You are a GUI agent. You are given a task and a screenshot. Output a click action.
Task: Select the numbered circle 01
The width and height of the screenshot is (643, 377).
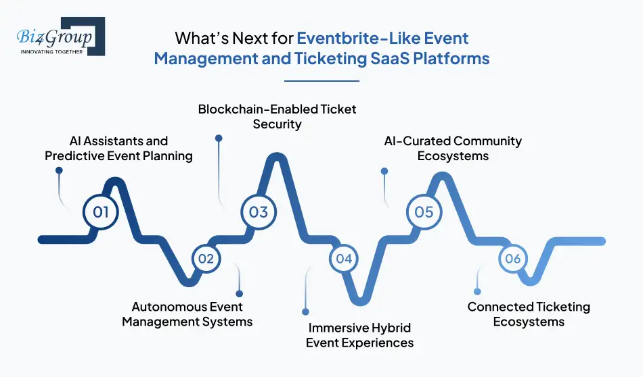[101, 212]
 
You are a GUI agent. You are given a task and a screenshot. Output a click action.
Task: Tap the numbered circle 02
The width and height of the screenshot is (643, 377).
[206, 259]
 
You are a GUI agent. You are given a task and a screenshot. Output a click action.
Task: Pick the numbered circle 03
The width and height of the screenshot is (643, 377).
[259, 212]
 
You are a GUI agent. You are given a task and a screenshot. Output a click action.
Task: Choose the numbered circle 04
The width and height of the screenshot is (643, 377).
[344, 259]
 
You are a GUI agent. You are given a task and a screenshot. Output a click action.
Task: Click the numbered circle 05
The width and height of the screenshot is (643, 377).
[424, 212]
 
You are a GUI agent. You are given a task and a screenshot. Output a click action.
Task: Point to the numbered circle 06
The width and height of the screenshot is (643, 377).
[512, 259]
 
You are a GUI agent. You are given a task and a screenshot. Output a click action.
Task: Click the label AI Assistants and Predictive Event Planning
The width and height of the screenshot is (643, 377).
[119, 149]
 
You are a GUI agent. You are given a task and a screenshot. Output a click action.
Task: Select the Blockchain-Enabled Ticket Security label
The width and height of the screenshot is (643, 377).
[276, 116]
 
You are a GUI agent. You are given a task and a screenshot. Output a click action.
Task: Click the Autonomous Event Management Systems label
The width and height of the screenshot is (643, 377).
[187, 314]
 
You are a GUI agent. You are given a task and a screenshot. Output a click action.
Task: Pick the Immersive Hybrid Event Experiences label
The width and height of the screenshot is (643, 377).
[359, 335]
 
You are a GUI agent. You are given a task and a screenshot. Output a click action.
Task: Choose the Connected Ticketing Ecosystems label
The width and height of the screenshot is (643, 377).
[529, 314]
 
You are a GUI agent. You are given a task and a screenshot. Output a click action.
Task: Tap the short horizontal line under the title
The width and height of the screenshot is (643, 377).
[321, 81]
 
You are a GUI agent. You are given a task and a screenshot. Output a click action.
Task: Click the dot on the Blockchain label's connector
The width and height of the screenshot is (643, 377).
[218, 138]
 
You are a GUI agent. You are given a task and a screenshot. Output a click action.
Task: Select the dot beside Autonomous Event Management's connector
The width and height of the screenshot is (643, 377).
[239, 293]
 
